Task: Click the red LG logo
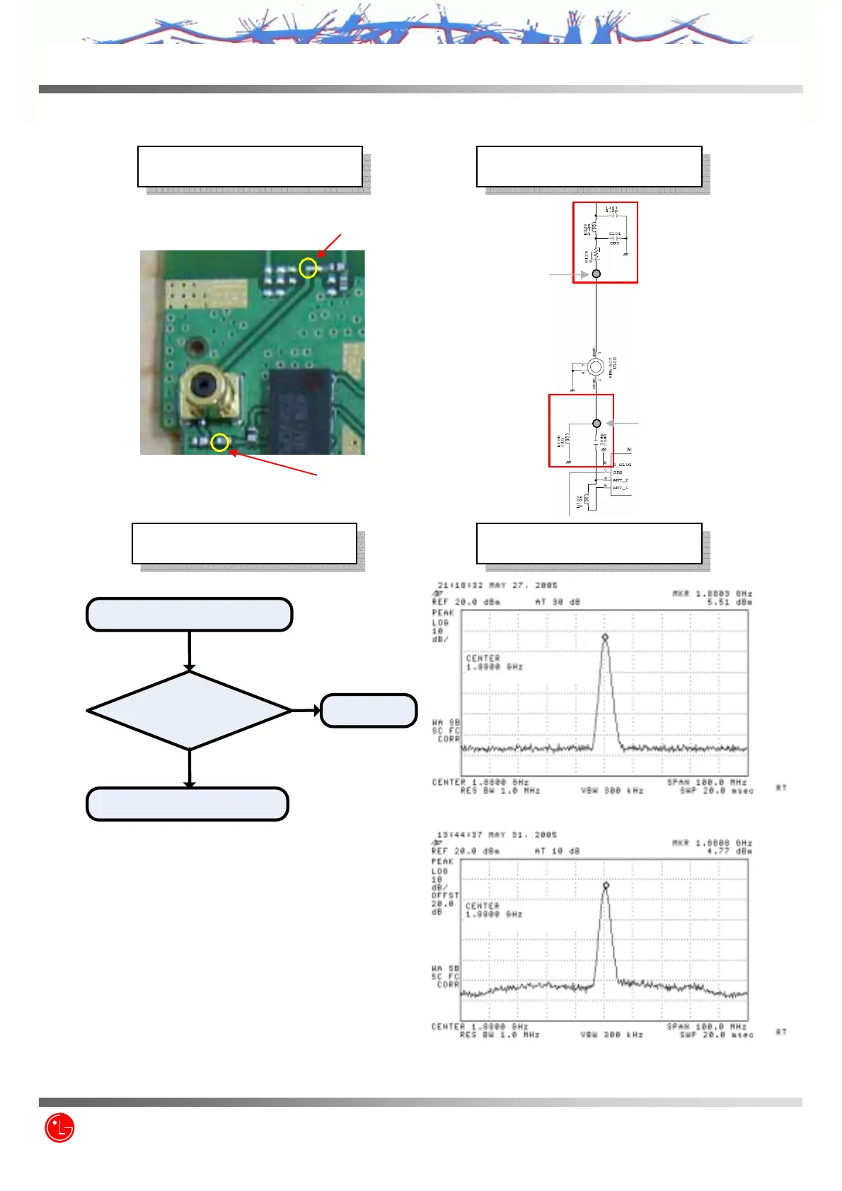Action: pos(59,1127)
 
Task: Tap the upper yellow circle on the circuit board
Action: pos(308,267)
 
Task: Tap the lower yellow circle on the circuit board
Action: pos(220,443)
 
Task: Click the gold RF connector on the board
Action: pos(207,393)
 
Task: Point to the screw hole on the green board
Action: pos(195,347)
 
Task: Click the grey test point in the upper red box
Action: pos(596,274)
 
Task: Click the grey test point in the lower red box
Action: pos(596,423)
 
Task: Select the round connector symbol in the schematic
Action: pos(596,366)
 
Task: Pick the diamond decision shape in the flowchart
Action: pos(189,710)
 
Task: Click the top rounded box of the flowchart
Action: pos(189,614)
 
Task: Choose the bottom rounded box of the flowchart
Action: pos(188,804)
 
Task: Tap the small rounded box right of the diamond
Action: pos(369,711)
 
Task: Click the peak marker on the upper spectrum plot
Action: pos(605,637)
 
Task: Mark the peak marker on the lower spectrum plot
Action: pos(606,885)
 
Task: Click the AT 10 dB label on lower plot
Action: pos(557,852)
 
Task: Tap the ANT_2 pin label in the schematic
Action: pos(621,480)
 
